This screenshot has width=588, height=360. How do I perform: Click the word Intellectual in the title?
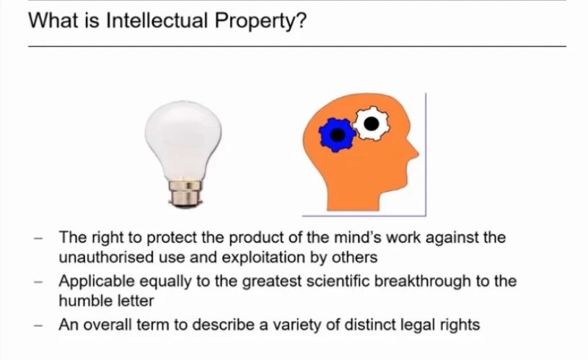[157, 20]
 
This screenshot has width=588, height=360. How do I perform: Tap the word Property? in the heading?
[260, 22]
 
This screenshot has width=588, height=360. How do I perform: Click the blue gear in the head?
[337, 135]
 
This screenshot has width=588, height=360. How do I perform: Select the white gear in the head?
[372, 123]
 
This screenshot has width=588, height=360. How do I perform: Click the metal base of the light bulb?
[185, 193]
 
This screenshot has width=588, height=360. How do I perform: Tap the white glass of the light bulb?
[183, 139]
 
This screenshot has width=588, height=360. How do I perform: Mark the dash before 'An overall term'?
[38, 325]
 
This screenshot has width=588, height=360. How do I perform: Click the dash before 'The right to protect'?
[38, 238]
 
